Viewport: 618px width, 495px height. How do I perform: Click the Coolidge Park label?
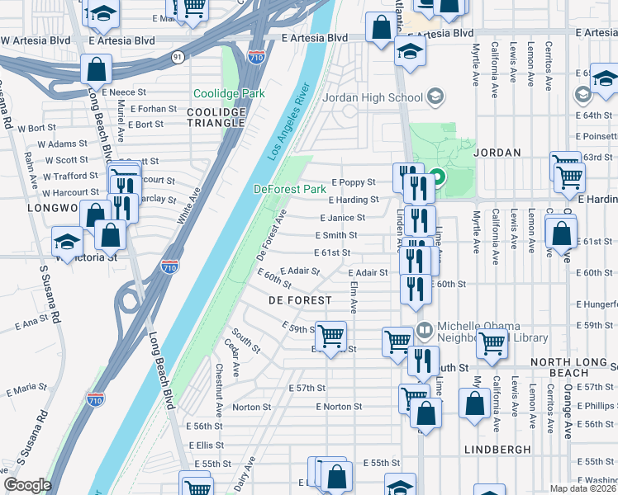click(x=229, y=94)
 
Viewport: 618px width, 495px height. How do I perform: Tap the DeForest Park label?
click(x=289, y=189)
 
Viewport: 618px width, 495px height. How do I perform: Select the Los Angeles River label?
click(x=288, y=120)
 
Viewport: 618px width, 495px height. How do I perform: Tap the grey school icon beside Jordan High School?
click(x=434, y=97)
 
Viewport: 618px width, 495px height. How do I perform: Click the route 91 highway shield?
click(x=178, y=57)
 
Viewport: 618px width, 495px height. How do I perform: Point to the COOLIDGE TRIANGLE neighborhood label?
click(x=216, y=117)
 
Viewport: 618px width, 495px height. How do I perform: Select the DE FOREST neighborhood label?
click(x=300, y=300)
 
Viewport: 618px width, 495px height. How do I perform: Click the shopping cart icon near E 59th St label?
click(x=331, y=335)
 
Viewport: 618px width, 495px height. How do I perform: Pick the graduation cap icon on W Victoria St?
click(x=67, y=243)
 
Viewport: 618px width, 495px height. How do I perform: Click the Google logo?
click(x=27, y=485)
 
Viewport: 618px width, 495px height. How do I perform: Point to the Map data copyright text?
click(x=583, y=488)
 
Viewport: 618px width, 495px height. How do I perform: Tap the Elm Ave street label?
click(x=353, y=296)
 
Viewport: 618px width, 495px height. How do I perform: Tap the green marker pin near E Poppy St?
click(x=438, y=177)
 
